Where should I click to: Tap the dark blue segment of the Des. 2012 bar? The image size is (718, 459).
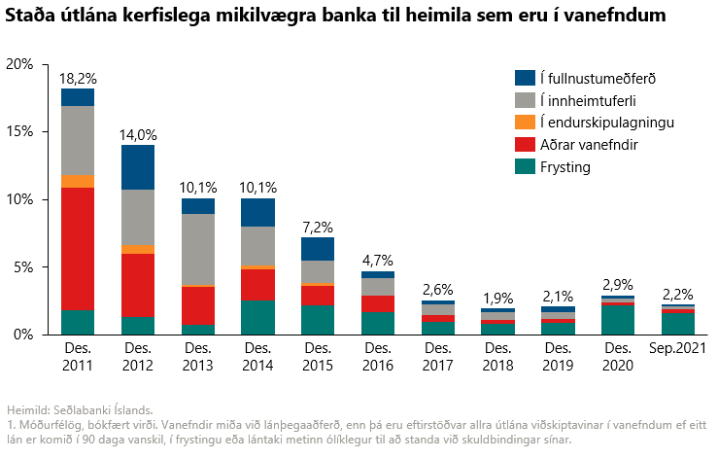point(138,166)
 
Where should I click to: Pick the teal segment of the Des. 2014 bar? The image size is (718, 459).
point(257,317)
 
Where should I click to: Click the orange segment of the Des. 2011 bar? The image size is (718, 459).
point(78,181)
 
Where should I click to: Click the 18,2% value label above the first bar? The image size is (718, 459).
point(78,78)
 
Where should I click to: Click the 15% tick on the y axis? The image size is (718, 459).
point(20,131)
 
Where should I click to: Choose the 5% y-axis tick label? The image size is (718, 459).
point(24,266)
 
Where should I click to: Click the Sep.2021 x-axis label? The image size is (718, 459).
point(678,347)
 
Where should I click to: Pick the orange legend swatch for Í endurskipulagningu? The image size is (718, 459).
point(524,123)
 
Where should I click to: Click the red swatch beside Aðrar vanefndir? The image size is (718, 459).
point(524,145)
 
